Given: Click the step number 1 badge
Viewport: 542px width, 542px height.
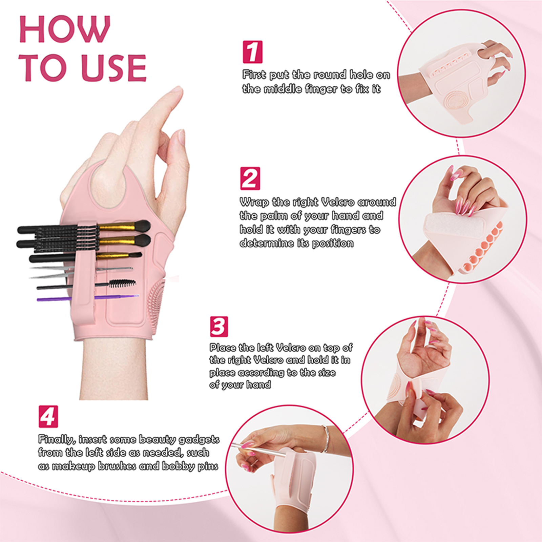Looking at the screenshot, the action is click(253, 52).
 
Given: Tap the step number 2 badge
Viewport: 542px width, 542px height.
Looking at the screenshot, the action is click(250, 178).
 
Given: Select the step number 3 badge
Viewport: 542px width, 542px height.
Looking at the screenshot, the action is click(219, 327).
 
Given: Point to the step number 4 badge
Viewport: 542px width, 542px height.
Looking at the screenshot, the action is click(48, 416).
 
